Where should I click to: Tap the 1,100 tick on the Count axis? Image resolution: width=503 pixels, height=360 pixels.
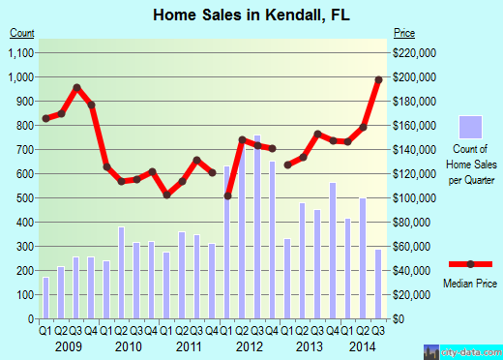tap(21, 52)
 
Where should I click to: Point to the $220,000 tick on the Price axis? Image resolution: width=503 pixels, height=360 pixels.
tap(415, 52)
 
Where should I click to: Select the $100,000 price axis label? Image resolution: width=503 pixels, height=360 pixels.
tap(415, 197)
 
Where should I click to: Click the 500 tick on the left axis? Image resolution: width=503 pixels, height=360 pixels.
tap(26, 197)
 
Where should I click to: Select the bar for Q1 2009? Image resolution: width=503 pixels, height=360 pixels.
tap(45, 297)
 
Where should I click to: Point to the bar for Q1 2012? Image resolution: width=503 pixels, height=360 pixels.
tap(227, 242)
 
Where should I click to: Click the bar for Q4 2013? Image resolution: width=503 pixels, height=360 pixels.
tap(333, 250)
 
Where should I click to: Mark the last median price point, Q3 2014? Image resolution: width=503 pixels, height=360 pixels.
tap(379, 79)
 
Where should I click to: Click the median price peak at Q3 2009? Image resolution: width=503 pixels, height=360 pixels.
tap(76, 87)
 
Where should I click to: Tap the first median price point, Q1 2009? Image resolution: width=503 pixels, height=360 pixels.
tap(45, 118)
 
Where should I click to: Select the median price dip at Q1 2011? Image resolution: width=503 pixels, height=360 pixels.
tap(166, 195)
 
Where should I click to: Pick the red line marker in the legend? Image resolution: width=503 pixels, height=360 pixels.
tap(470, 264)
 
